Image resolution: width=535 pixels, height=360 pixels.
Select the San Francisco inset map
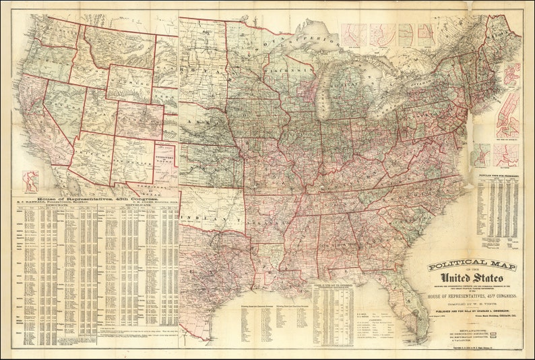[x=28, y=180]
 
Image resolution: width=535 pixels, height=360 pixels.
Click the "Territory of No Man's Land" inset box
[x=164, y=156]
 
